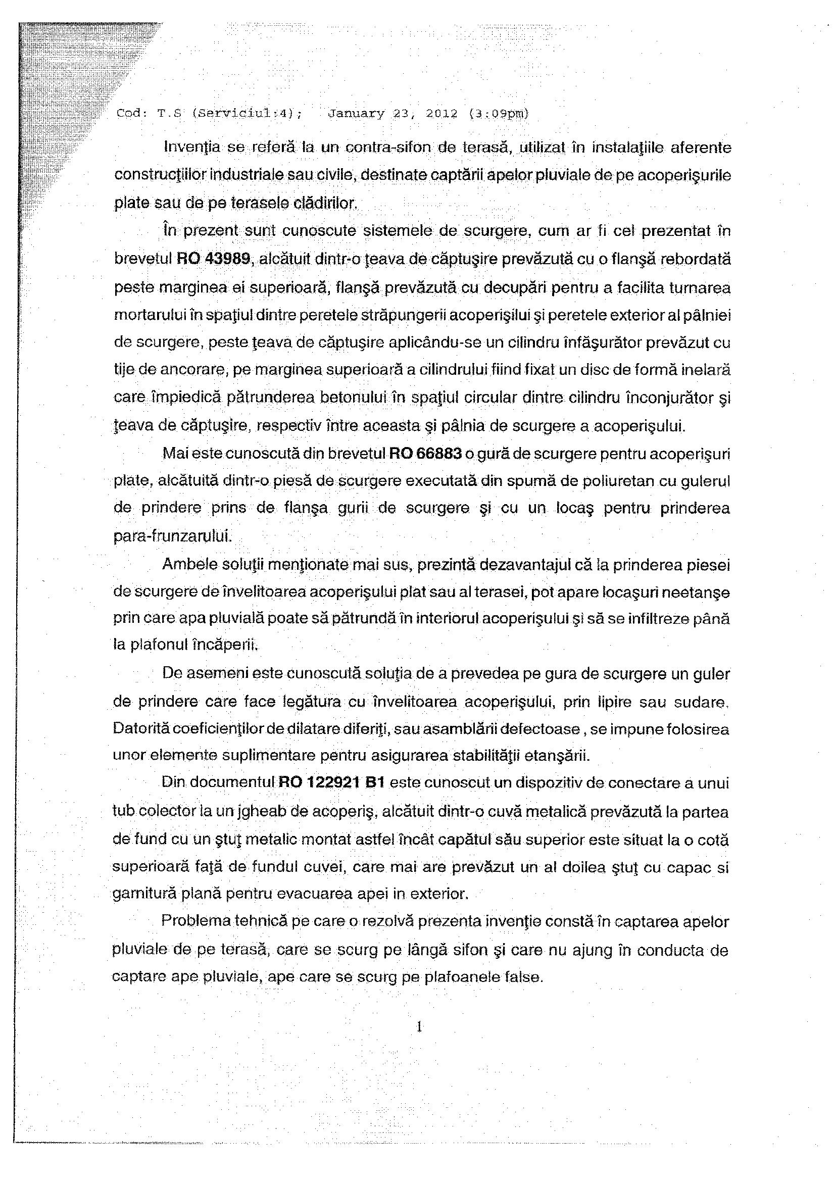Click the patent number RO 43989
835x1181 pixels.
point(214,259)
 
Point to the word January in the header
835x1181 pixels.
point(357,114)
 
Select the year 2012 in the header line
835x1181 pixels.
point(441,114)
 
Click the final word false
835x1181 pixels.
point(528,976)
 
